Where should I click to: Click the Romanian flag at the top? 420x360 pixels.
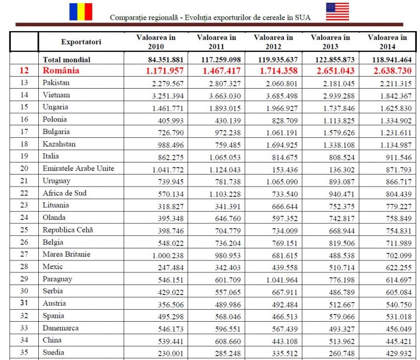click(x=80, y=11)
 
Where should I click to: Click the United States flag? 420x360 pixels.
click(x=337, y=11)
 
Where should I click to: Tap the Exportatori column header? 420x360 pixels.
click(x=81, y=42)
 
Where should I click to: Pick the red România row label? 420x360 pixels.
click(x=61, y=71)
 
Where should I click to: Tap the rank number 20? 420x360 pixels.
click(x=24, y=168)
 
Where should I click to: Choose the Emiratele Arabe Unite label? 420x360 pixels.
click(x=78, y=168)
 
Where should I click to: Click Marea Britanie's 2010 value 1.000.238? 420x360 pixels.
click(x=164, y=254)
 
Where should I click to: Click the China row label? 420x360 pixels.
click(x=52, y=340)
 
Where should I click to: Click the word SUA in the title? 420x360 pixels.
click(x=303, y=17)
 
